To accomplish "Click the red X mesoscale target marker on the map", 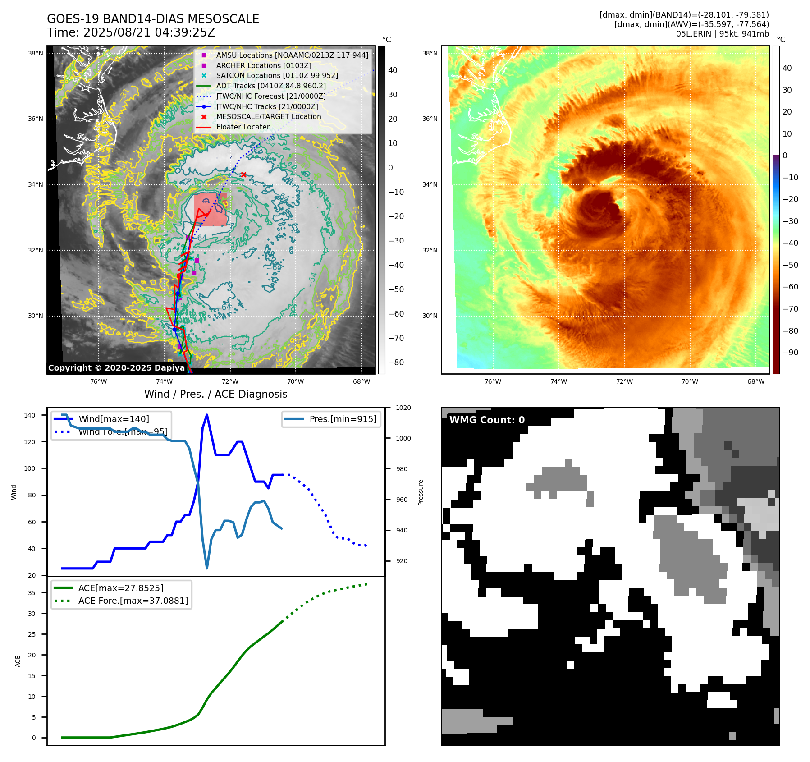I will point(243,174).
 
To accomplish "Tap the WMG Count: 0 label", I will point(487,420).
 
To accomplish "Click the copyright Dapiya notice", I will point(116,368).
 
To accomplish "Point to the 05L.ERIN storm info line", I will point(722,34).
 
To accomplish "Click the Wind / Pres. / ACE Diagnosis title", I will point(215,394).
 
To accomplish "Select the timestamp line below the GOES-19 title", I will point(131,32).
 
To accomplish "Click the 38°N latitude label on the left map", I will point(36,53).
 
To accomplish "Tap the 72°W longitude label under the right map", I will point(624,381).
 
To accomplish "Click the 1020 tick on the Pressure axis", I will point(403,408).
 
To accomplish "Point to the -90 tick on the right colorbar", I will point(790,353).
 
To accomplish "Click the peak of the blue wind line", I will point(206,415).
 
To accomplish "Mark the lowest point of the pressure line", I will point(207,568).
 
